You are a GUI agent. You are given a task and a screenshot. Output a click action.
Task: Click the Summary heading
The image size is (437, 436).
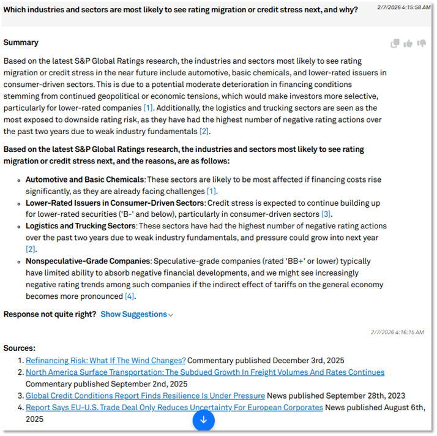pos(21,42)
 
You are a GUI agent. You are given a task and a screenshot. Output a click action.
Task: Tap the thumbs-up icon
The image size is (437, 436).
pos(408,43)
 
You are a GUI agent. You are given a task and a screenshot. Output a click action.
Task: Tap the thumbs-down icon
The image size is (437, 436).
pos(422,43)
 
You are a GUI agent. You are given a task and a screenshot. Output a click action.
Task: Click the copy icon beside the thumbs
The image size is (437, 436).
pos(395,43)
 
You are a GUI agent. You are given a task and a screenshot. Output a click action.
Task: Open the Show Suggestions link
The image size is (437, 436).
pos(136,314)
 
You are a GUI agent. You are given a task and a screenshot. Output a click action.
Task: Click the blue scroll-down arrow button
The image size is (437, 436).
pos(204,420)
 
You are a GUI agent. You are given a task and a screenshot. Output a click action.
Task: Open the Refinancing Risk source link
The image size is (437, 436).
pos(105,360)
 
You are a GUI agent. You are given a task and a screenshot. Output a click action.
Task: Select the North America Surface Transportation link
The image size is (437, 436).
pos(205,372)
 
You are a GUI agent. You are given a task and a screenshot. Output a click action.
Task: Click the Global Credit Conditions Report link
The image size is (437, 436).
pos(145,396)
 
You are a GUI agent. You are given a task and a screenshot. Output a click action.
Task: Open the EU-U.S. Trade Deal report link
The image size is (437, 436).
pos(174,407)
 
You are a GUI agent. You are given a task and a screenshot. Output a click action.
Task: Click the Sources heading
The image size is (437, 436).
pos(19,348)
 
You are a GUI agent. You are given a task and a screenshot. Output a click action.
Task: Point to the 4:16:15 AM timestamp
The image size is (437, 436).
pos(397,332)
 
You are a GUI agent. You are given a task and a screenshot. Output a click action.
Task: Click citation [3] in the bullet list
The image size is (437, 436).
pos(326,214)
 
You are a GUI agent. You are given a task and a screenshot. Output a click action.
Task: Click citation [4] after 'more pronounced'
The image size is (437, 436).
pos(129,296)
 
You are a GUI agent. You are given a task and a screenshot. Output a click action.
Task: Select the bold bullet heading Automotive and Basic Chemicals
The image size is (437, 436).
pos(84,179)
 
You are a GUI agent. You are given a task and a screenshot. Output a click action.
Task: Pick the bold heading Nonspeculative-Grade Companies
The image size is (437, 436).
pos(88,261)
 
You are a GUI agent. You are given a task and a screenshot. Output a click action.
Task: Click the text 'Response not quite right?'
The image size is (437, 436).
pos(50,314)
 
